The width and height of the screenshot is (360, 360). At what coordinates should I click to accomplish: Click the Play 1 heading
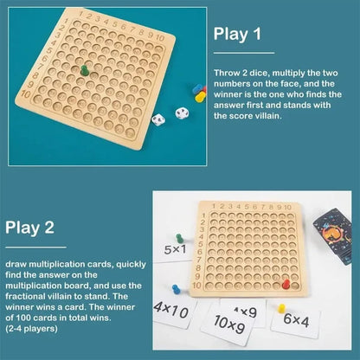point(238,34)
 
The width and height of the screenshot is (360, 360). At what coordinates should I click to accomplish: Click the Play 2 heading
point(31,228)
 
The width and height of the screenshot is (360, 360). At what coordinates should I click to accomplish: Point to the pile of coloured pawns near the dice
point(198,92)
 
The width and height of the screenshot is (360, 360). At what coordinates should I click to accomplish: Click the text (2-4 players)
point(27,328)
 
